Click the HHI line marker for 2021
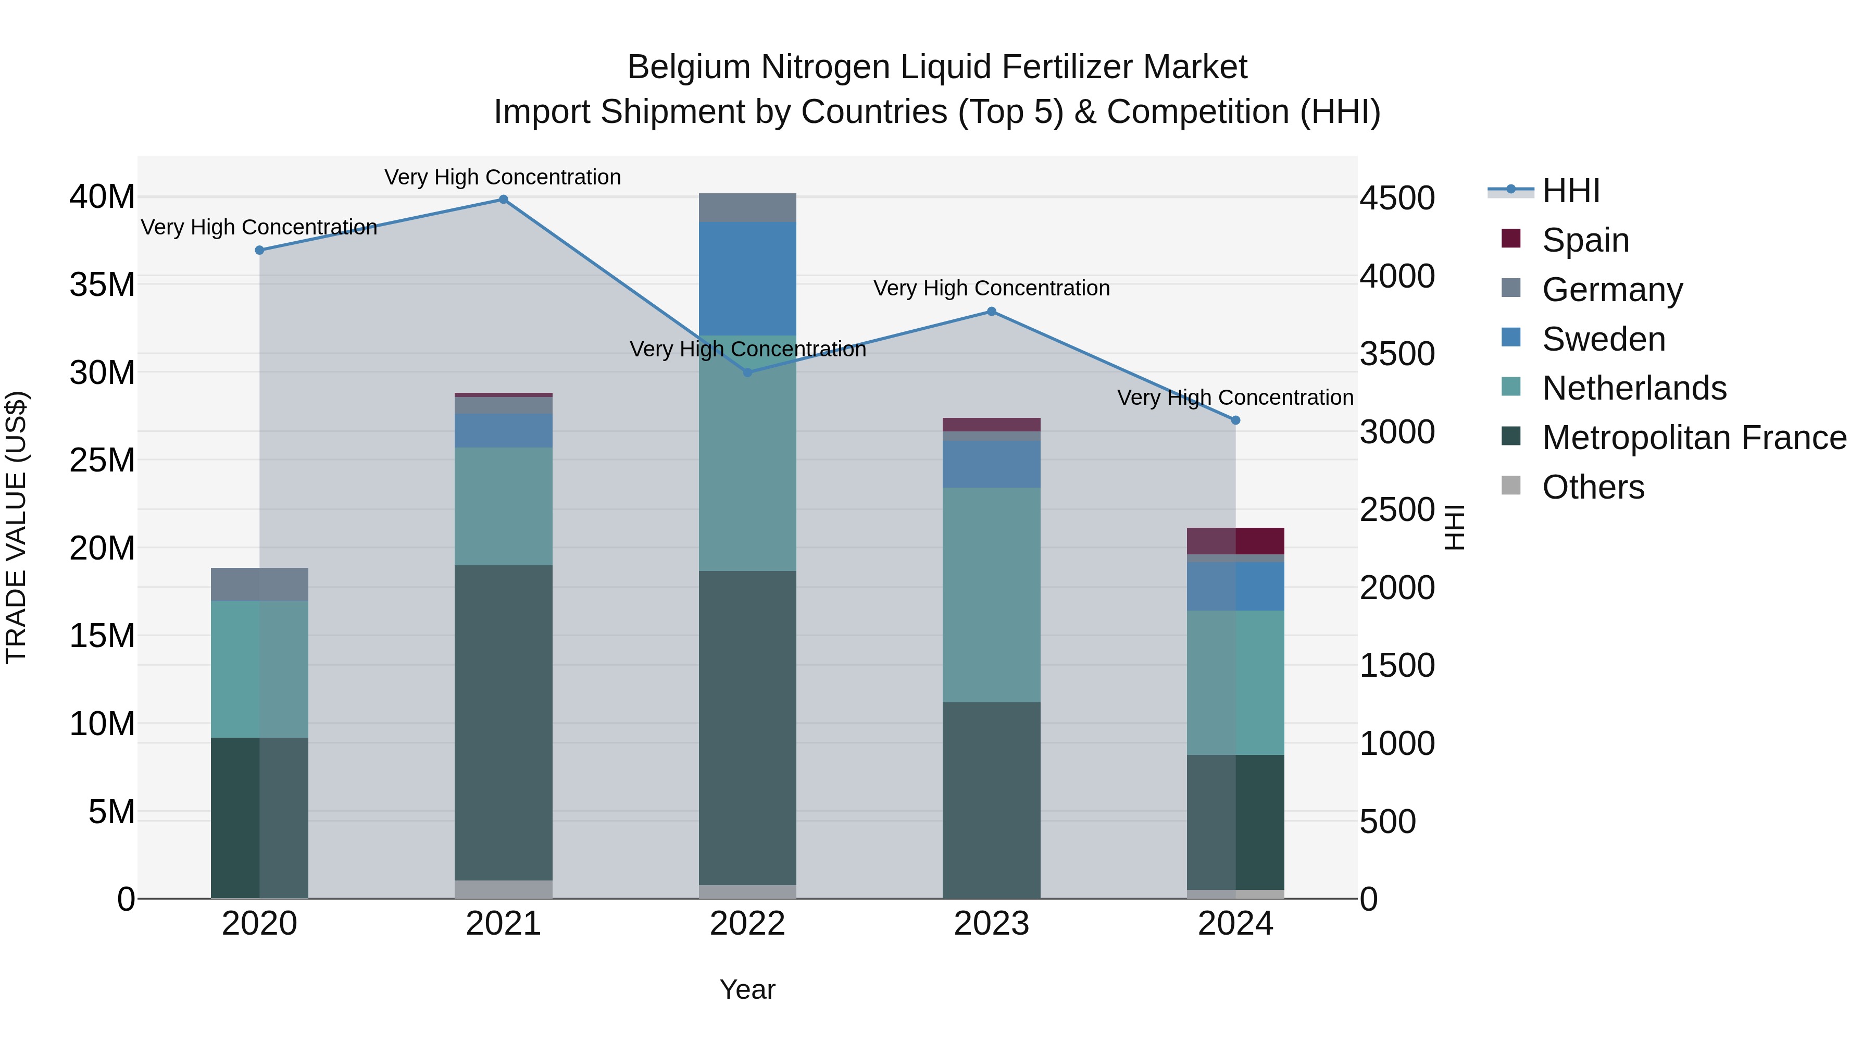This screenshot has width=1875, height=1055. click(503, 200)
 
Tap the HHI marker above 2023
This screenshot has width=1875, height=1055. click(991, 312)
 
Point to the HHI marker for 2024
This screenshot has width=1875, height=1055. click(1235, 420)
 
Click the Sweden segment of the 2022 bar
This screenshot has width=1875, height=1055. click(747, 278)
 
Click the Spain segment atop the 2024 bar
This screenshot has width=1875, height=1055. click(1235, 540)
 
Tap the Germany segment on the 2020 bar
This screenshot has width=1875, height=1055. click(259, 584)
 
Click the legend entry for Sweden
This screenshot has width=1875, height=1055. click(1604, 339)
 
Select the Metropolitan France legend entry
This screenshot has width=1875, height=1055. click(1694, 438)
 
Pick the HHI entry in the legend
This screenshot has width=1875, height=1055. click(1571, 191)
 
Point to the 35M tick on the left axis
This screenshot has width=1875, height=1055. click(102, 284)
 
